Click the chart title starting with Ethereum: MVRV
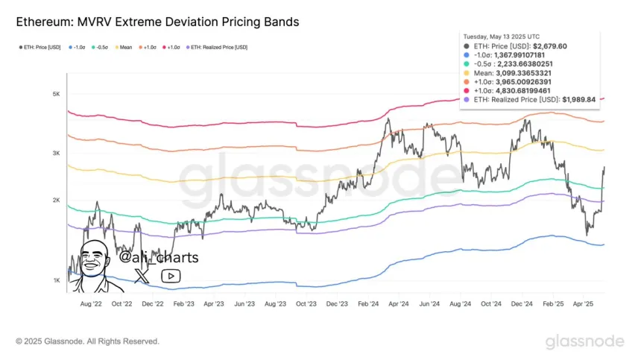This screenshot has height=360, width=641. click(x=157, y=22)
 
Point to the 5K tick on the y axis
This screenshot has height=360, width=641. click(x=56, y=94)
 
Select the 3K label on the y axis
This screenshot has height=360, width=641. click(x=56, y=153)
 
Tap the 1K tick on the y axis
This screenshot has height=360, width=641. click(x=56, y=280)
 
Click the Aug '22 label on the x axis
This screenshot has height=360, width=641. click(x=90, y=304)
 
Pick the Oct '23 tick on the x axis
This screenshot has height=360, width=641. click(x=306, y=304)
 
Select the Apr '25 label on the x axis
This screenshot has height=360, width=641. click(x=584, y=304)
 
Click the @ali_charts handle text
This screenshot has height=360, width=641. click(x=159, y=258)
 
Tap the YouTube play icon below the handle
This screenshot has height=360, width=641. click(x=171, y=276)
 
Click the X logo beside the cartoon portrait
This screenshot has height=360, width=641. click(x=141, y=276)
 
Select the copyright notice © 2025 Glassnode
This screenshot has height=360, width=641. click(x=87, y=341)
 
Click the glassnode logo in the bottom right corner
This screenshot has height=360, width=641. click(x=584, y=341)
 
